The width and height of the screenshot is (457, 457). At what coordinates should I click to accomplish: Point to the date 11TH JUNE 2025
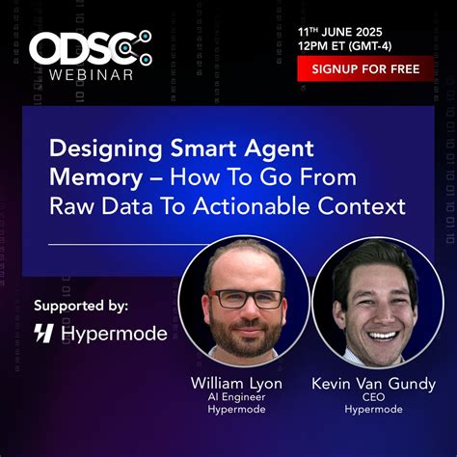354,30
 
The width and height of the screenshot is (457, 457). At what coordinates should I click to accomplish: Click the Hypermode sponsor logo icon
44,335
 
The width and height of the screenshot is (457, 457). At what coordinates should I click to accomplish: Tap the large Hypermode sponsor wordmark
114,335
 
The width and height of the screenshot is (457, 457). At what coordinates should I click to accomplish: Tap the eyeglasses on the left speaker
246,299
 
